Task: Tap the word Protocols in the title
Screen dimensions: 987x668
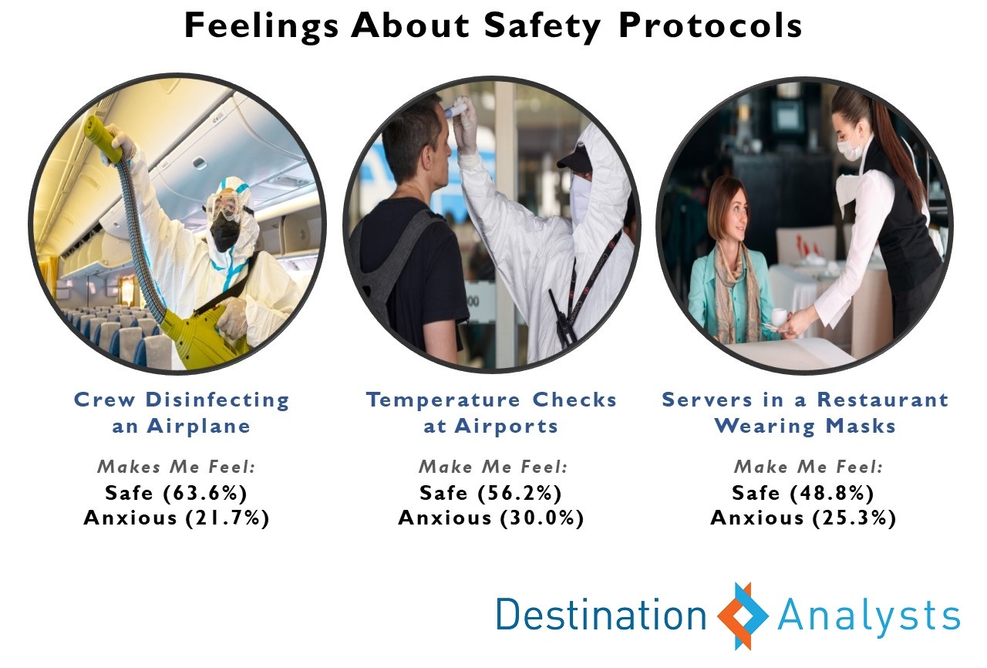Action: click(x=710, y=25)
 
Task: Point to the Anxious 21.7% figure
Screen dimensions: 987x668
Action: click(x=177, y=518)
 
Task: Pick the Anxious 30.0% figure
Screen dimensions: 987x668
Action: click(x=491, y=518)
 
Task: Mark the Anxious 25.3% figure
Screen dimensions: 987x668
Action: click(x=803, y=518)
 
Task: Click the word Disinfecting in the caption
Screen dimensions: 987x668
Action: click(x=217, y=401)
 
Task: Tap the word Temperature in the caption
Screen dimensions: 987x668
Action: click(x=443, y=400)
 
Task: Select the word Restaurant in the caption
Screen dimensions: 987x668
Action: click(x=883, y=400)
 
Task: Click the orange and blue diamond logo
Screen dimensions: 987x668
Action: click(x=743, y=616)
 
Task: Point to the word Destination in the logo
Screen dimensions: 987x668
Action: click(x=601, y=615)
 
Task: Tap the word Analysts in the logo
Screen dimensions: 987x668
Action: click(x=868, y=618)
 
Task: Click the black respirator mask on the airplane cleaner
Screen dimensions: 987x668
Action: click(x=224, y=234)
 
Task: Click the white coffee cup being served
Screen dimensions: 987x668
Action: click(x=780, y=316)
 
